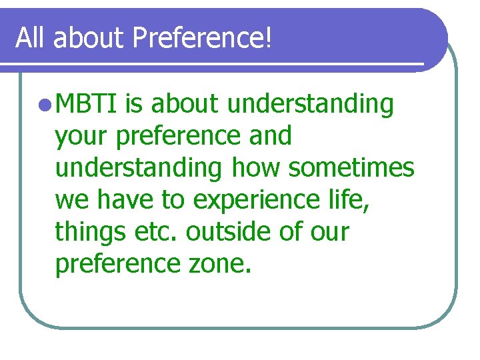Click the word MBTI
(87, 105)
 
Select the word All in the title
(31, 38)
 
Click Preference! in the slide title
(203, 38)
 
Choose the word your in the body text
(82, 137)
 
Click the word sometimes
(351, 168)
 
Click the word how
(257, 168)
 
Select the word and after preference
(269, 137)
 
